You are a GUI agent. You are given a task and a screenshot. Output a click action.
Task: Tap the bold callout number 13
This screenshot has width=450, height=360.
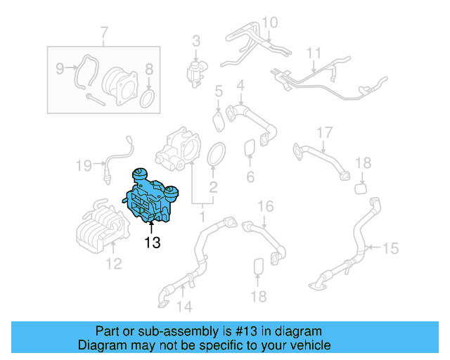[x=153, y=243]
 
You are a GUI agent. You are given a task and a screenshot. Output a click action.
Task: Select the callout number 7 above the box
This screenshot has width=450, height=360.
[x=104, y=33]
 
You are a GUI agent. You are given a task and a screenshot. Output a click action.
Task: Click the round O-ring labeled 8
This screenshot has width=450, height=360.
[x=148, y=98]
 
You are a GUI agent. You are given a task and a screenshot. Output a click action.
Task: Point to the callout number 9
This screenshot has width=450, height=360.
[x=60, y=68]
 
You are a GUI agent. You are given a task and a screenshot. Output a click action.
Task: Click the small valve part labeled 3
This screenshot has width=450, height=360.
[x=196, y=70]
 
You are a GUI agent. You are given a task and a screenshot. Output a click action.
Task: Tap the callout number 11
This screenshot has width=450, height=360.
[x=314, y=53]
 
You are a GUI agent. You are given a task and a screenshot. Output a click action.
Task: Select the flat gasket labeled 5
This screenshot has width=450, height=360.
[x=219, y=118]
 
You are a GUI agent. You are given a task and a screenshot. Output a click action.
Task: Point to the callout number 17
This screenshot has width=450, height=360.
[x=323, y=133]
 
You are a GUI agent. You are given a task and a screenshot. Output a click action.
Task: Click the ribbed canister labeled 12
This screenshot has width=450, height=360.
[x=100, y=225]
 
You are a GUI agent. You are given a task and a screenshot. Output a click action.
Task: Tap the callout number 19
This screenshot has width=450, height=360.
[x=84, y=166]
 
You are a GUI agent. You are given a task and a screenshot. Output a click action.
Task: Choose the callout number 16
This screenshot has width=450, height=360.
[x=264, y=206]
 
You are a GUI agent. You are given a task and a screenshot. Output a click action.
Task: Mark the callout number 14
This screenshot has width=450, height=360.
[x=184, y=307]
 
